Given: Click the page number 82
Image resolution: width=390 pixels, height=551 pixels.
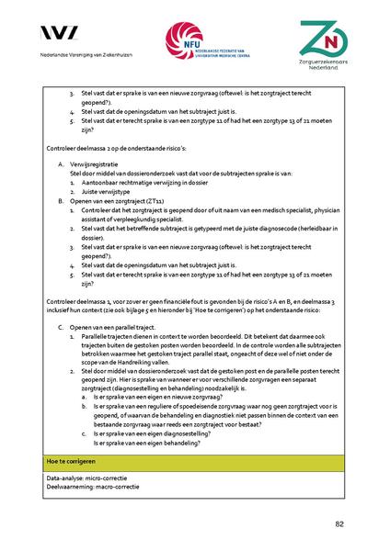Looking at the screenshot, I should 338,524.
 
